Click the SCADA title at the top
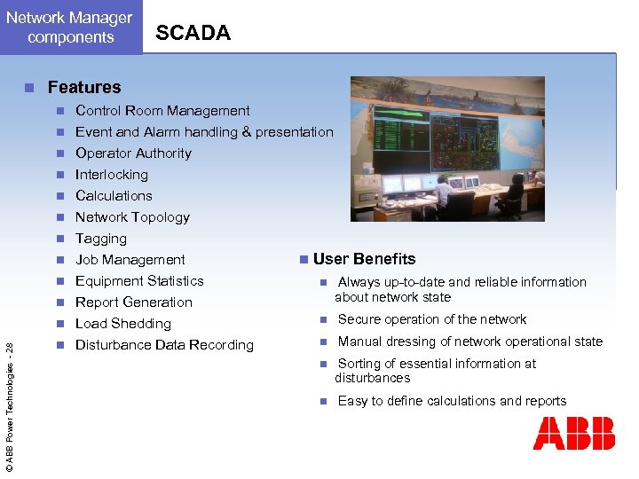(x=193, y=33)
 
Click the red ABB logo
(x=573, y=434)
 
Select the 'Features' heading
(x=83, y=87)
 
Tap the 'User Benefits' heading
(x=364, y=259)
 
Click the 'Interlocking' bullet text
(x=112, y=175)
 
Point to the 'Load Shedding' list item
(x=123, y=324)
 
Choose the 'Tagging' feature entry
(x=101, y=239)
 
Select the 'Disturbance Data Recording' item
(x=164, y=345)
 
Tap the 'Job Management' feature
(x=130, y=260)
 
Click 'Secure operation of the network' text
(x=432, y=319)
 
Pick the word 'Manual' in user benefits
(x=359, y=342)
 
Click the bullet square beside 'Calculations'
(x=59, y=196)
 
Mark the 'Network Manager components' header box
(x=71, y=27)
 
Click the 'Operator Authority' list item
(x=133, y=153)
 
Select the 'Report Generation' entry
(x=134, y=302)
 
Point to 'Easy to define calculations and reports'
(x=452, y=401)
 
